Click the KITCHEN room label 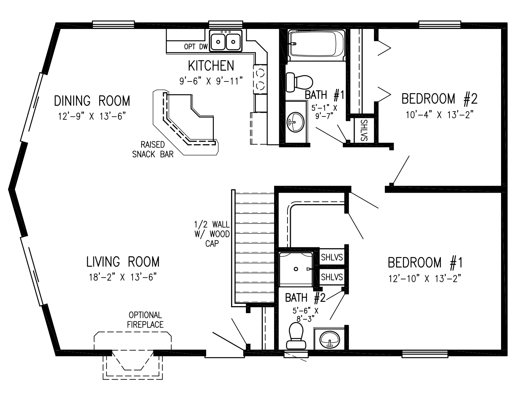coord(211,66)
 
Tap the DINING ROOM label coord(92,101)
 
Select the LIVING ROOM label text coord(123,262)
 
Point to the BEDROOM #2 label coord(439,99)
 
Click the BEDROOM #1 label coord(425,263)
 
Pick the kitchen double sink coord(226,41)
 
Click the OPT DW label coord(196,47)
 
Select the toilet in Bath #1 coord(299,81)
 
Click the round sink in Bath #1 coord(295,122)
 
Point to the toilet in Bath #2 coord(296,335)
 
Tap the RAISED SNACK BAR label coord(153,149)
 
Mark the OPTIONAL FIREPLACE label coord(145,320)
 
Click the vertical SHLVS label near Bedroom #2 coord(363,130)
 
